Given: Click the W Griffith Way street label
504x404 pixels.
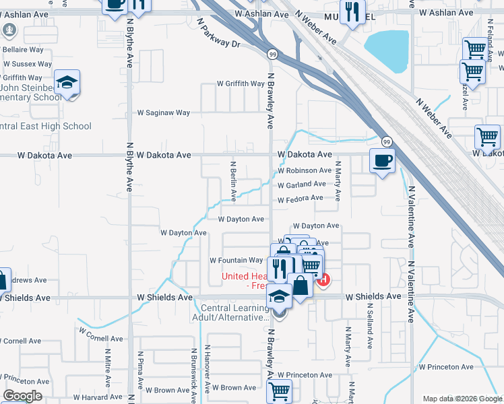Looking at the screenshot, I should point(241,84).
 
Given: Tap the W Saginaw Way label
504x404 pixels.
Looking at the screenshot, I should point(164,113).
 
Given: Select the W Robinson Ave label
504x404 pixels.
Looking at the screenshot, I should point(305,171).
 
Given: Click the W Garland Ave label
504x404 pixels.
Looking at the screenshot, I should point(302,184).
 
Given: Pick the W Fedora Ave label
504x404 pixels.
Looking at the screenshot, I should point(301,199).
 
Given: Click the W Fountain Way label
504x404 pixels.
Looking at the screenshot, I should point(236,261).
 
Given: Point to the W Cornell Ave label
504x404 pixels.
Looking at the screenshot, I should point(102,335).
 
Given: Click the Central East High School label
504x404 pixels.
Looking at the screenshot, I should point(45,126).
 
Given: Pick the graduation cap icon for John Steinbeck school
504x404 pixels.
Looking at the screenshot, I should point(67,81).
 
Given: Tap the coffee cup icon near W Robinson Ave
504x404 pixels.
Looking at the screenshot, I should point(383,161).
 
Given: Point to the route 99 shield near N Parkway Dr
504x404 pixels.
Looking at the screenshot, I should point(272,54).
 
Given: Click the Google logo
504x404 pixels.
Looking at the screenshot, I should point(22,396).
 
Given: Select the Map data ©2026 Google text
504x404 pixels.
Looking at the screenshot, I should point(462,399).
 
